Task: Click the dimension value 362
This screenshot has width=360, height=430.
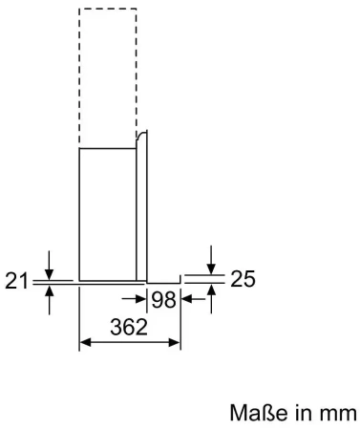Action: (x=128, y=327)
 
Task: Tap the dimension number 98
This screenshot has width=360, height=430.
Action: (x=163, y=299)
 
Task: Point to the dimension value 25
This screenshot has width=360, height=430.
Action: (x=243, y=280)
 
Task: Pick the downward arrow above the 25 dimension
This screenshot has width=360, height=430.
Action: (x=212, y=263)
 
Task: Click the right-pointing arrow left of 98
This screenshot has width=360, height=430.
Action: (x=138, y=299)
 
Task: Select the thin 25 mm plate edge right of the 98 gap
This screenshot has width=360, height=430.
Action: (x=164, y=280)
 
